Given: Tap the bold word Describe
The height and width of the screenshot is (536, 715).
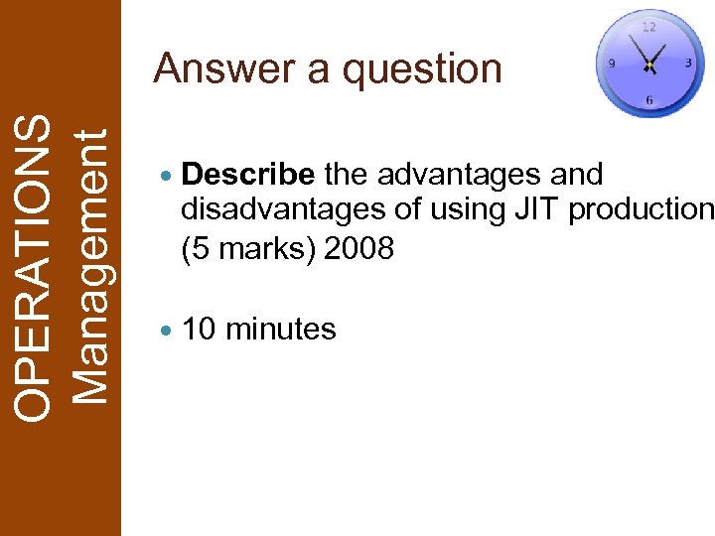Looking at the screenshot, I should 249,176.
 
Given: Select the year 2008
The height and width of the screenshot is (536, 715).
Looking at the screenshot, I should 359,247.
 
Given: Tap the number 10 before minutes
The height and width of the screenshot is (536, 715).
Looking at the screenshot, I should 200,329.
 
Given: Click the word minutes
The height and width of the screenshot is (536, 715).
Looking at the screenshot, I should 282,329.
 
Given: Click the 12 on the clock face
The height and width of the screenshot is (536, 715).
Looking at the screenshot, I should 648,27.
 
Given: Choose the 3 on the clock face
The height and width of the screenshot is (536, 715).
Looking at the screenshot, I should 688,63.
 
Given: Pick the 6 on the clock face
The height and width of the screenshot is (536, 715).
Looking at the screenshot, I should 649,100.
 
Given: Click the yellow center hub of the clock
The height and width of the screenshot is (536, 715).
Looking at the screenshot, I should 648,66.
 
